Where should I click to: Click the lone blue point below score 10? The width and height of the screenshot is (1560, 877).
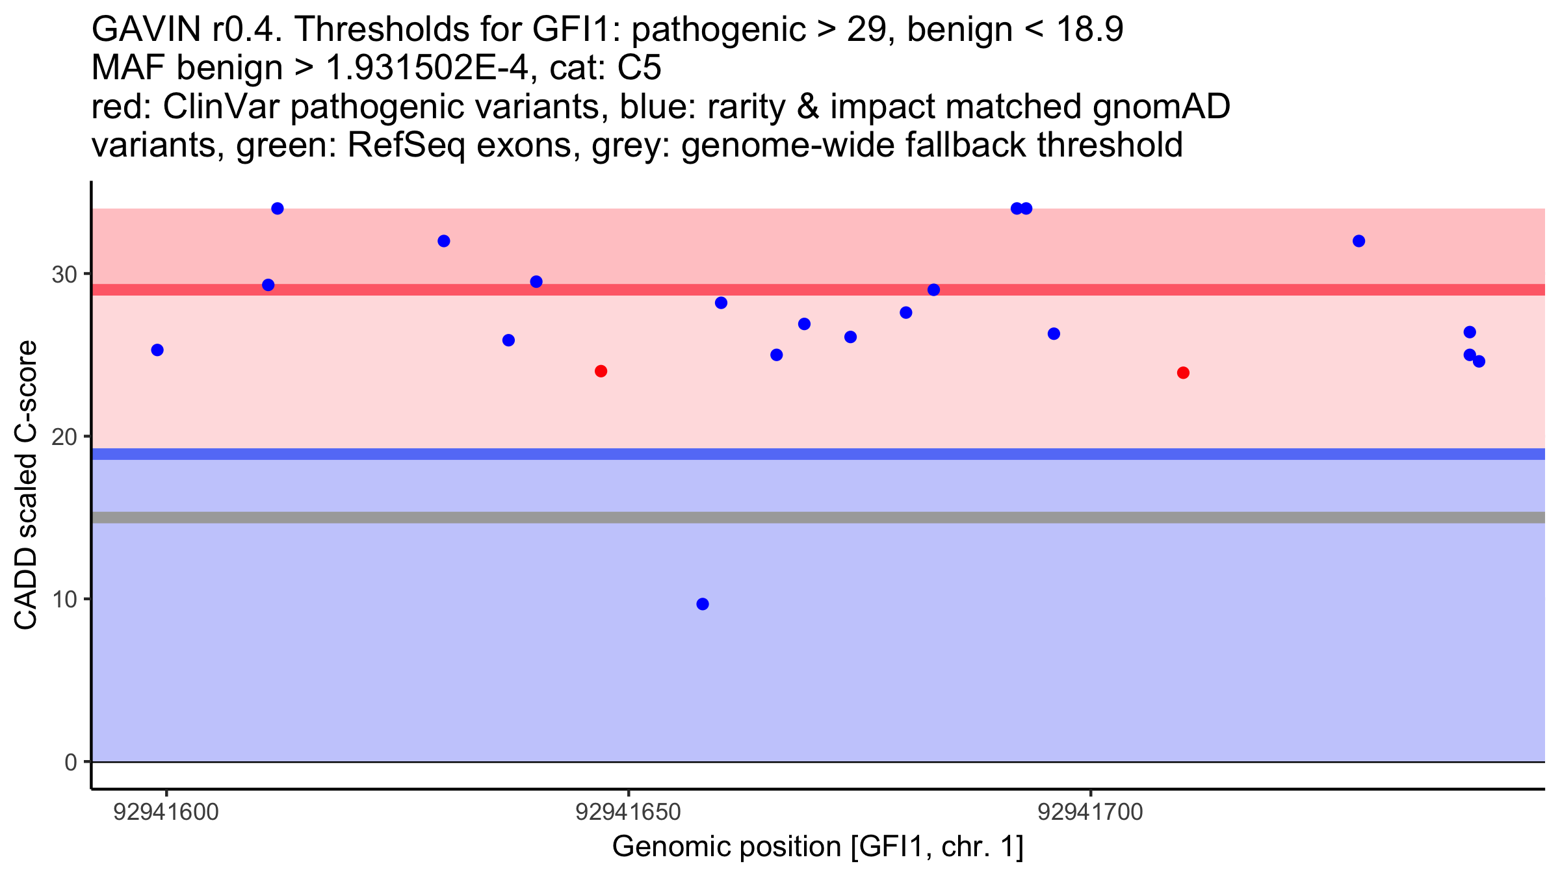tap(703, 604)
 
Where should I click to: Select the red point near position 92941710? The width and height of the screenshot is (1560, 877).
tap(1183, 373)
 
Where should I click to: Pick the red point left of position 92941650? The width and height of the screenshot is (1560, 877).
tap(601, 371)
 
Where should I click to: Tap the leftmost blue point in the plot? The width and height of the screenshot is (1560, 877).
tap(157, 350)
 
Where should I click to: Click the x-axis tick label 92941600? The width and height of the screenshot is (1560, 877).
tap(166, 812)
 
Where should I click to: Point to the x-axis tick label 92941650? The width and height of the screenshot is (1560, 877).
tap(629, 812)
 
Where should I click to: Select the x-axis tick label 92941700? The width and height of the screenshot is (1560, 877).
tap(1091, 812)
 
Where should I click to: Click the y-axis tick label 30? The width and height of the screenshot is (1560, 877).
tap(64, 274)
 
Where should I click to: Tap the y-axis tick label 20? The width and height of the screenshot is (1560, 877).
tap(64, 437)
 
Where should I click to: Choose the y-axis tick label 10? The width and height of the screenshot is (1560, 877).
tap(64, 599)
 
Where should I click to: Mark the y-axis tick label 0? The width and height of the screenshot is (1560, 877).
tap(71, 762)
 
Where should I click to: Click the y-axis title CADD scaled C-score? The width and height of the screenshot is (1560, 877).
tap(26, 485)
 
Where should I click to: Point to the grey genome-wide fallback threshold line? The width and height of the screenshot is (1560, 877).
tap(818, 518)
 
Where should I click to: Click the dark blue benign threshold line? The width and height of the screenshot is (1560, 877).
tap(818, 454)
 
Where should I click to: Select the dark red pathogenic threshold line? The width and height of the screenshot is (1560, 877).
tap(818, 290)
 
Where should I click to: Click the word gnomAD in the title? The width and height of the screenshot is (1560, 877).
tap(1162, 107)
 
